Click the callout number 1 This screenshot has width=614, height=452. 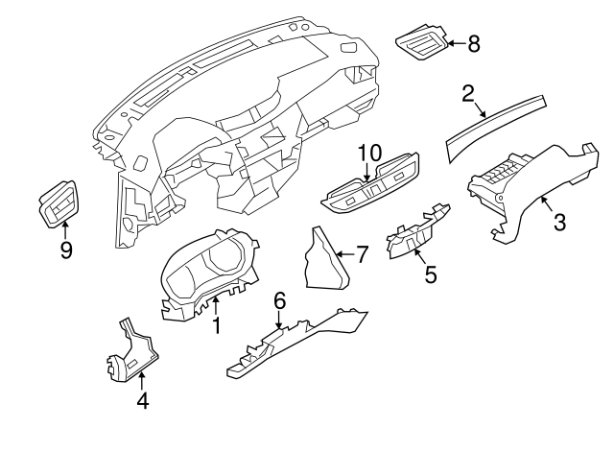click(217, 326)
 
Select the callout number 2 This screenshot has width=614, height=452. click(468, 93)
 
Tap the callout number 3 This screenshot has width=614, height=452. click(560, 223)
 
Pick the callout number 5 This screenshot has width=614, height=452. click(431, 275)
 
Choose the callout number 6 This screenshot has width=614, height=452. click(279, 301)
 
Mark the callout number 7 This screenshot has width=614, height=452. click(362, 254)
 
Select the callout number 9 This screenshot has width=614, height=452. click(65, 251)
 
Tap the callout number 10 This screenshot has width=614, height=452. click(369, 154)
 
